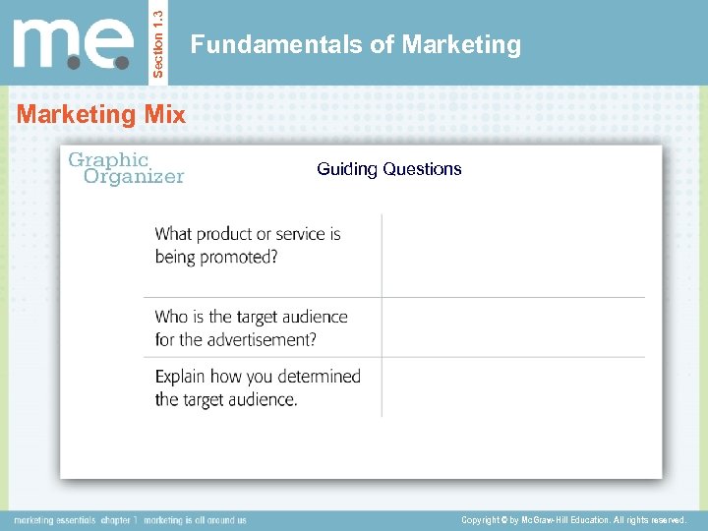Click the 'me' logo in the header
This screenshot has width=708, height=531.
pos(73,43)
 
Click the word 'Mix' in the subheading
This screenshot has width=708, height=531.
pos(163,114)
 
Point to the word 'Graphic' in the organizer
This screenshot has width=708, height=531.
pos(107,159)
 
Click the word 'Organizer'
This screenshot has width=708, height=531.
pos(134,177)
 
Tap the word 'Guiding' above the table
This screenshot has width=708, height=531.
pos(347,169)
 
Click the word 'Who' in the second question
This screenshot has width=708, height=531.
pos(171,317)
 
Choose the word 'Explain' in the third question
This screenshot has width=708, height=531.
pos(183,376)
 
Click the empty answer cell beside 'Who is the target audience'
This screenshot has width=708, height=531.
pos(512,327)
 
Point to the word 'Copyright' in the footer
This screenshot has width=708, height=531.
pos(484,519)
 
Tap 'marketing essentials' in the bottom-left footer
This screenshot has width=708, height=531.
pos(53,519)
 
